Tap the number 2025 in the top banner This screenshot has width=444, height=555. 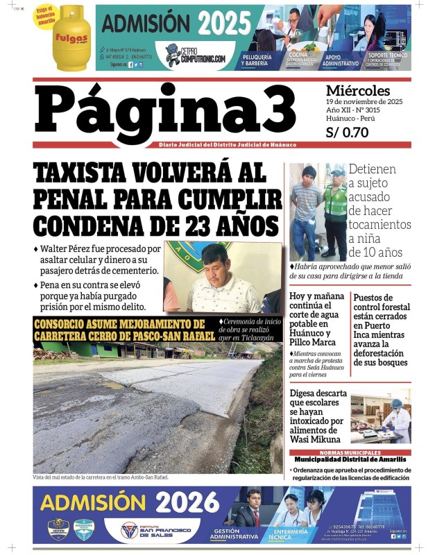point(224,24)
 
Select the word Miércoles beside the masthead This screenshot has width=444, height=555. point(357,91)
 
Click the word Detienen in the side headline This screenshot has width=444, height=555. point(373,169)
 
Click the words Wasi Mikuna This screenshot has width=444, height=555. point(316,439)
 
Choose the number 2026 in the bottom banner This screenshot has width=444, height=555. point(187,502)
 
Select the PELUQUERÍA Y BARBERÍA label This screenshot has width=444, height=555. point(259,60)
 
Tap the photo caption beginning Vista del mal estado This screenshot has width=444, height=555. point(101,477)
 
